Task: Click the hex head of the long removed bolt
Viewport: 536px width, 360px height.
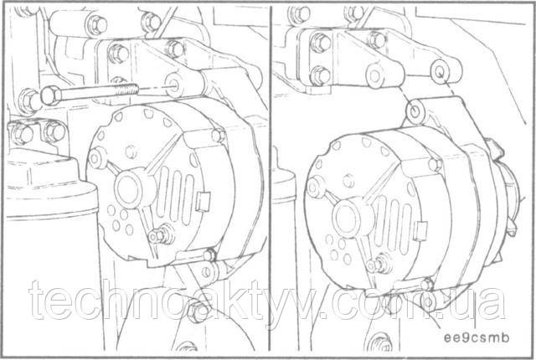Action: point(50,95)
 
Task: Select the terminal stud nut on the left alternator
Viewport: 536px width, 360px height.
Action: point(157,235)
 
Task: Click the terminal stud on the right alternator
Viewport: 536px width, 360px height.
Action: point(376,265)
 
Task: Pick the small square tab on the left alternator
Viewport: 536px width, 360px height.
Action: point(202,202)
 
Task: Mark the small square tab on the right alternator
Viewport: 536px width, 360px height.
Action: point(421,229)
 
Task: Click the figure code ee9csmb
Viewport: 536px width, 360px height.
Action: point(477,337)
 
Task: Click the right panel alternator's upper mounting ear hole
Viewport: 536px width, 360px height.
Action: point(415,111)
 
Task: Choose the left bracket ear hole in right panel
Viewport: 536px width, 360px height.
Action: point(374,75)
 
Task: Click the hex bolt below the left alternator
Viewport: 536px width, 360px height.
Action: point(198,311)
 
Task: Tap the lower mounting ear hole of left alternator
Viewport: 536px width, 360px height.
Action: point(207,272)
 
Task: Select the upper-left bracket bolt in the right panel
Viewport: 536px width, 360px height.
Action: point(320,43)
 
